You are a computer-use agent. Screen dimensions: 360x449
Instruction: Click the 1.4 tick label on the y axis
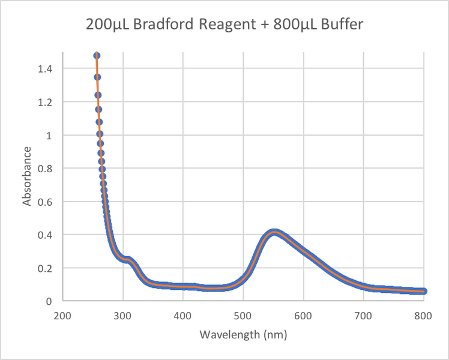tap(46, 69)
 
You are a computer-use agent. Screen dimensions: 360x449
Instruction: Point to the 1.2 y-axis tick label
tap(46, 102)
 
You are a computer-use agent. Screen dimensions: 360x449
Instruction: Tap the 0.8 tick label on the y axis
tap(46, 169)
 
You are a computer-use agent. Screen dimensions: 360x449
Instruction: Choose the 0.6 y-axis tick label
tap(46, 202)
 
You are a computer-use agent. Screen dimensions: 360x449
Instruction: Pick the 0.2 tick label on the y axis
tap(46, 268)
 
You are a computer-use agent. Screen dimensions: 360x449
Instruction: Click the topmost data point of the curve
tap(96, 56)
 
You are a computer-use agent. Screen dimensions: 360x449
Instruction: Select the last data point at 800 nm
tap(423, 291)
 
